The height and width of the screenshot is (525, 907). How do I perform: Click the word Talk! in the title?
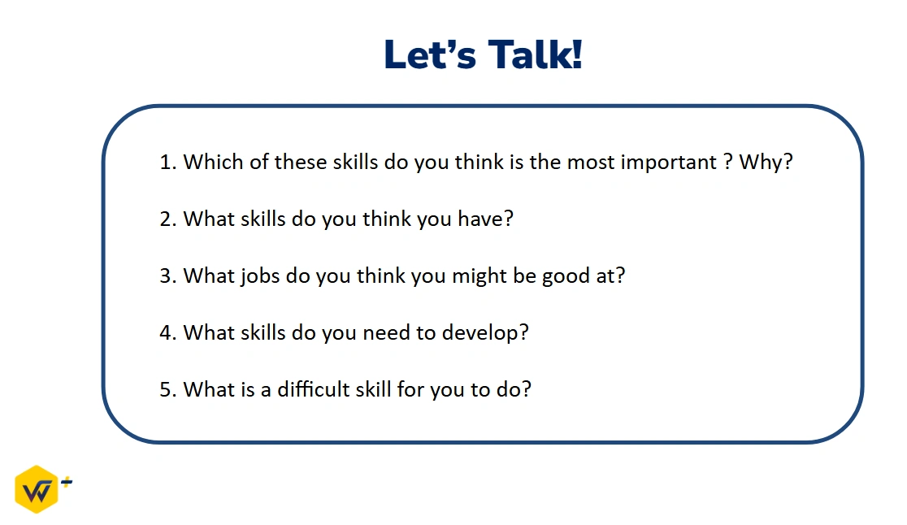(535, 55)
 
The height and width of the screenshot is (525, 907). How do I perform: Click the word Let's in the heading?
(430, 55)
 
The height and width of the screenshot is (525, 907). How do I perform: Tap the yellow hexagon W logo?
(37, 489)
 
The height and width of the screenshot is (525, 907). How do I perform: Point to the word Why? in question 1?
(766, 162)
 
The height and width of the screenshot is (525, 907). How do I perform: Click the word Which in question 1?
(213, 162)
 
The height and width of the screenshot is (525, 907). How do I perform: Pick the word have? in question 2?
(485, 219)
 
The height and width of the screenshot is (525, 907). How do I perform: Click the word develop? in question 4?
(485, 333)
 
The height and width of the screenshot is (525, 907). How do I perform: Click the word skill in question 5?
(373, 389)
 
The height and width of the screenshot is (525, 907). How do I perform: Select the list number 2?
(167, 219)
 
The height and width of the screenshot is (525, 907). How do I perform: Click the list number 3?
(167, 276)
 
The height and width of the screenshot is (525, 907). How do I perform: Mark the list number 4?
(167, 333)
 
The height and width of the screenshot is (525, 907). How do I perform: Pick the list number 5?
(167, 390)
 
